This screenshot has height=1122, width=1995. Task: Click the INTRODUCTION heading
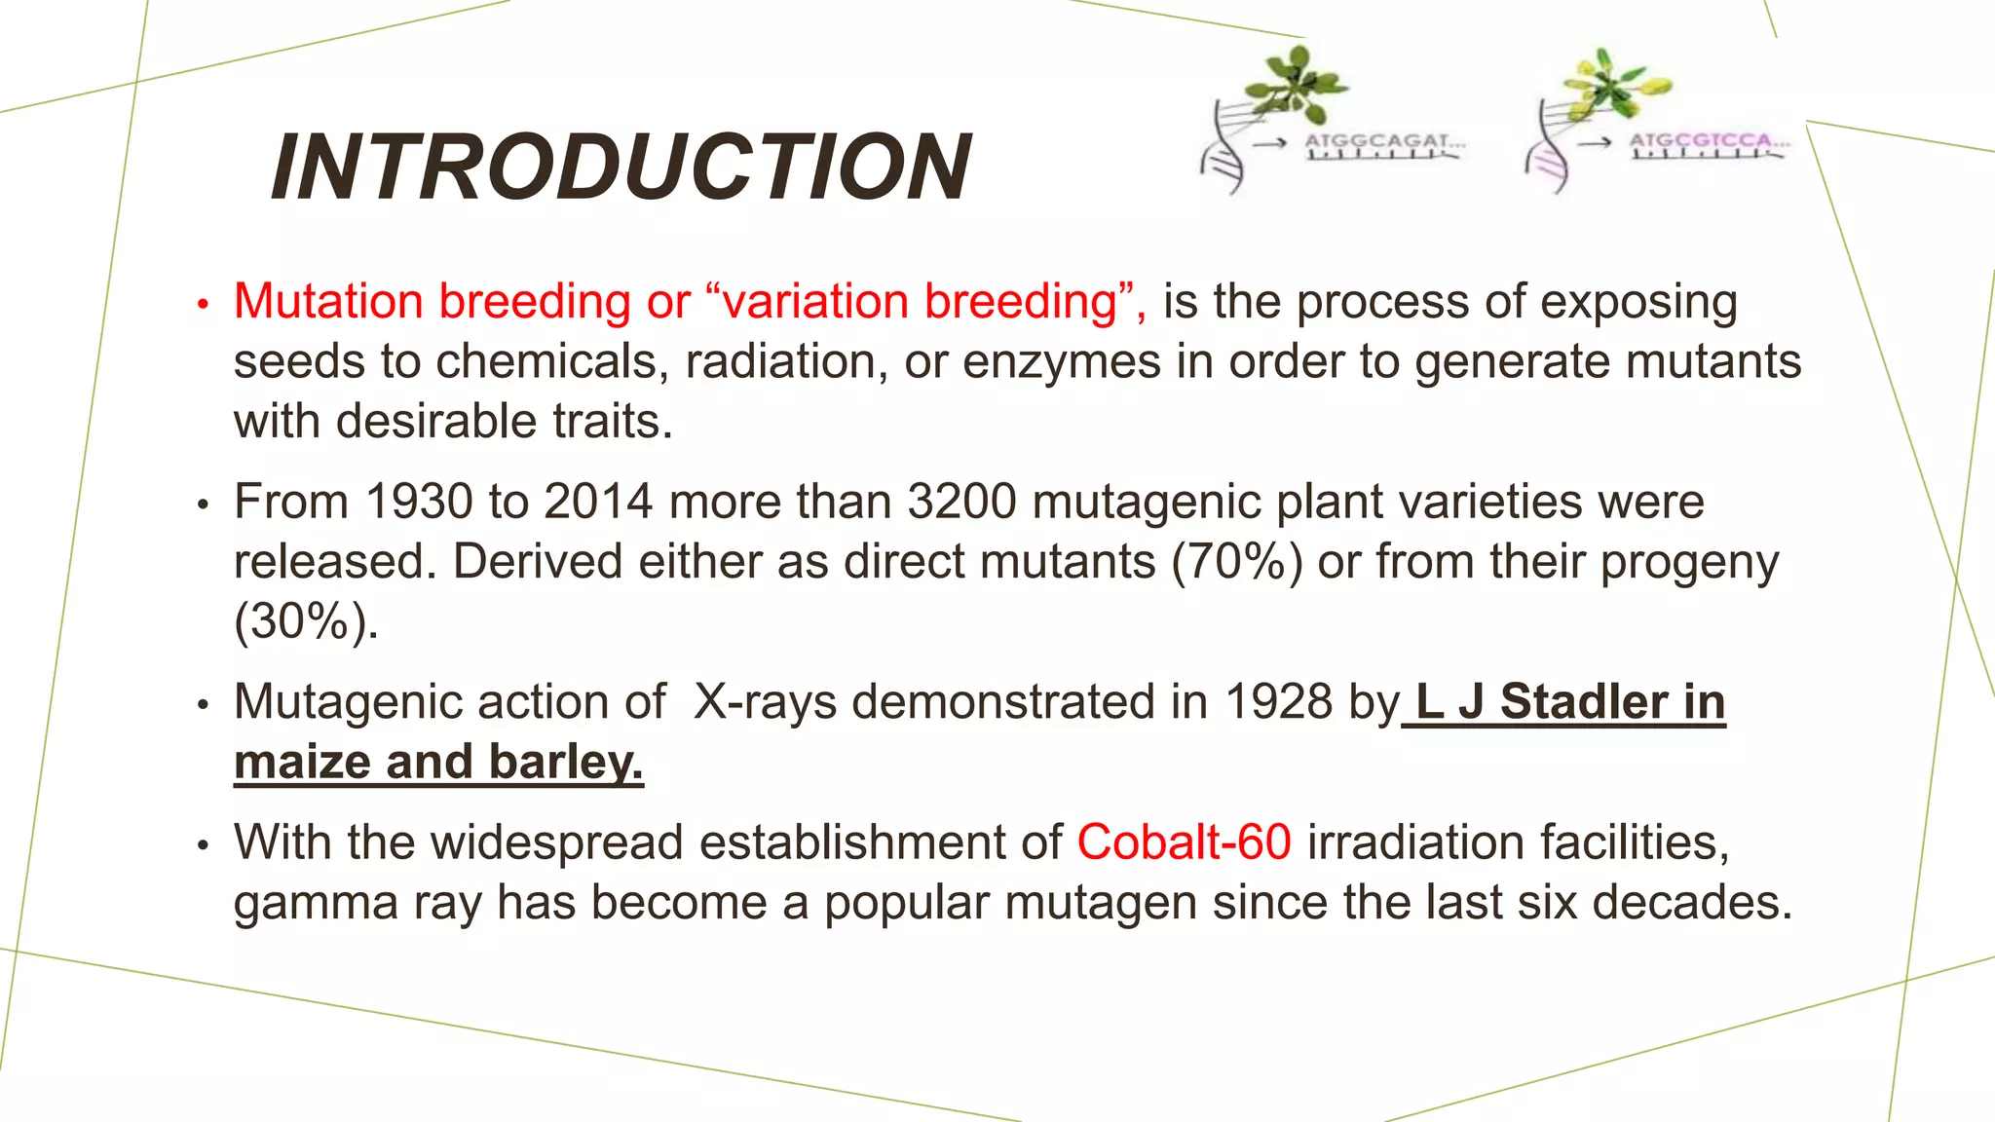[x=621, y=168]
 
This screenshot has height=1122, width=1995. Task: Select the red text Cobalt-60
[x=1184, y=842]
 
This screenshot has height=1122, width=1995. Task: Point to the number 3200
[x=961, y=503]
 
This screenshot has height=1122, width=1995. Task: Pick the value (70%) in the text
[x=1236, y=563]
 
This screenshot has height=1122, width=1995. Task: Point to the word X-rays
[x=765, y=702]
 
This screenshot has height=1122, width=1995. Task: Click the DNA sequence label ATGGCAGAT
[x=1383, y=142]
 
